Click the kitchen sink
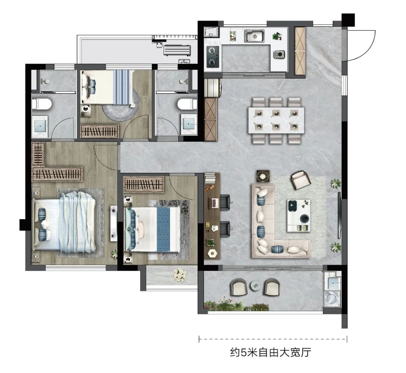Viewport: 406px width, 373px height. tap(255, 35)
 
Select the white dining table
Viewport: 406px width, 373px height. tap(276, 120)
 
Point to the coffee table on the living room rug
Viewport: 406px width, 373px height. tap(298, 216)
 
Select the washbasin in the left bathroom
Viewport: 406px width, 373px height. tap(40, 127)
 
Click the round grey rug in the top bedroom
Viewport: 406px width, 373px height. tap(120, 109)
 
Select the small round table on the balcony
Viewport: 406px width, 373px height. tap(256, 286)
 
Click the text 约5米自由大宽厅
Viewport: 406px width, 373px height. tap(270, 353)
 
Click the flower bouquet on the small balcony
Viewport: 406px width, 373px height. tap(180, 275)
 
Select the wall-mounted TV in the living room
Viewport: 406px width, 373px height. tap(339, 215)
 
